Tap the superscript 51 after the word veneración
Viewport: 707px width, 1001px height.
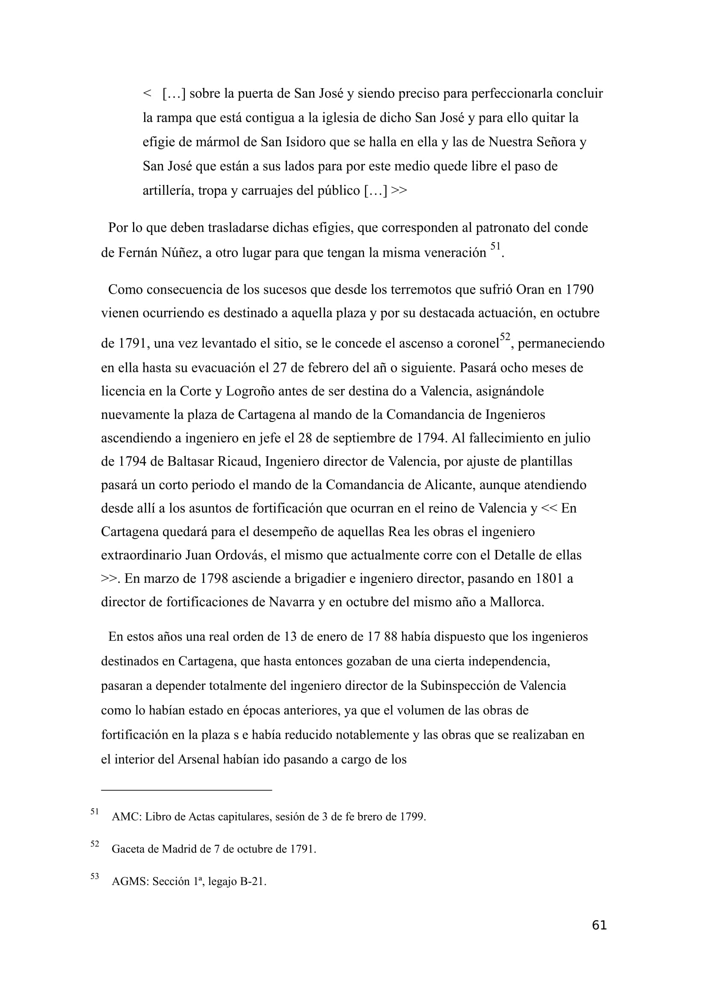coord(495,247)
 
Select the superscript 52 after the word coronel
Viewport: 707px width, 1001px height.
coord(505,337)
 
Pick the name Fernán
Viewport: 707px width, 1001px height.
coord(137,253)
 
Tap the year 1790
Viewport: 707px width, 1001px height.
coord(580,289)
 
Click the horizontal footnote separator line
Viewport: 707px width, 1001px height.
coord(186,790)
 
